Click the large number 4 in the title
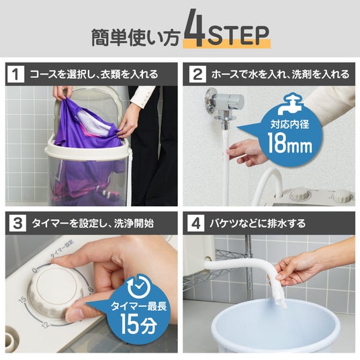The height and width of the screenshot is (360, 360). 193,28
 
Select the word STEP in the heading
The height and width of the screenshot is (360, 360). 238,35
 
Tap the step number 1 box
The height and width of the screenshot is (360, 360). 15,74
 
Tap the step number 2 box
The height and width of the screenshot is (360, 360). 197,74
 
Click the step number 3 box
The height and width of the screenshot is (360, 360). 17,223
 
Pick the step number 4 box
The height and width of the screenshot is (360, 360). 195,223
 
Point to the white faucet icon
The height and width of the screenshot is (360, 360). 290,104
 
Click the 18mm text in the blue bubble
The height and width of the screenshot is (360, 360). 289,143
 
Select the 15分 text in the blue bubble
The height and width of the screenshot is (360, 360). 138,324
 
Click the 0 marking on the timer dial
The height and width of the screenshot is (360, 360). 35,271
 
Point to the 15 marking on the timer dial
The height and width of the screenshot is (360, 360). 23,300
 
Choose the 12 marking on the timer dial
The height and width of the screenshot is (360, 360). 46,325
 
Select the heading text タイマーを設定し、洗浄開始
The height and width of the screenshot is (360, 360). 93,224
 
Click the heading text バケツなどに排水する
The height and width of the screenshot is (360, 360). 257,224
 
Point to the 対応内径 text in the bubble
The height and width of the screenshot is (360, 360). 289,124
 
